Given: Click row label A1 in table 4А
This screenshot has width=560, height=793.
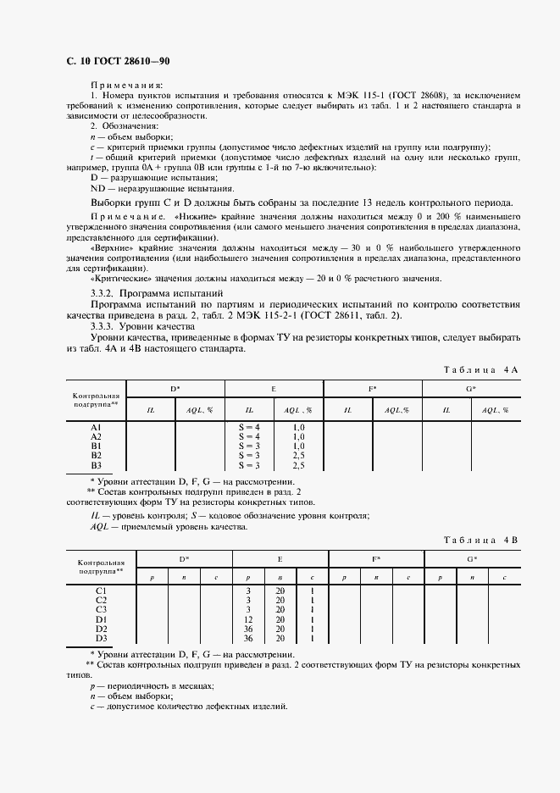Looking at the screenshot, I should tap(97, 427).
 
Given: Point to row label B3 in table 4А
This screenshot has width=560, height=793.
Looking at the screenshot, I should tap(97, 465).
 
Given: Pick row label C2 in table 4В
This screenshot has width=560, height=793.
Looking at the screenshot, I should tap(101, 599).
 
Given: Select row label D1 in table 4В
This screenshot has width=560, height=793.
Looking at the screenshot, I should tap(101, 618).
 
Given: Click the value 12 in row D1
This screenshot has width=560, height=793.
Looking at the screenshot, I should tap(249, 618).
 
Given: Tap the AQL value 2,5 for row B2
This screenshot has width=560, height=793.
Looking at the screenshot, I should tap(298, 456).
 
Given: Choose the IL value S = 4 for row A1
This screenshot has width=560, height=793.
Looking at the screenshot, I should tap(249, 427).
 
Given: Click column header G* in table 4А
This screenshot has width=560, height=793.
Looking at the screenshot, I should tap(471, 389).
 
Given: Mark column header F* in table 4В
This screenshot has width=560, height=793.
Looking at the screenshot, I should tap(375, 560).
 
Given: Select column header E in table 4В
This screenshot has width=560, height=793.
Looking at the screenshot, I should tap(280, 560).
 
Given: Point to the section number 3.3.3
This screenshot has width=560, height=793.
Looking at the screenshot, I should tap(103, 325).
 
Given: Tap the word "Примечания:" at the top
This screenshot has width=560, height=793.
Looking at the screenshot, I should tap(127, 86).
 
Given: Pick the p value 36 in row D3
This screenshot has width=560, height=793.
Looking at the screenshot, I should tap(249, 638).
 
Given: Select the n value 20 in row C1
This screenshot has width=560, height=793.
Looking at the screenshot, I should tap(280, 590).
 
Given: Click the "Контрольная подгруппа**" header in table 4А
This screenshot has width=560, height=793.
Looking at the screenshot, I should tap(97, 400).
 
